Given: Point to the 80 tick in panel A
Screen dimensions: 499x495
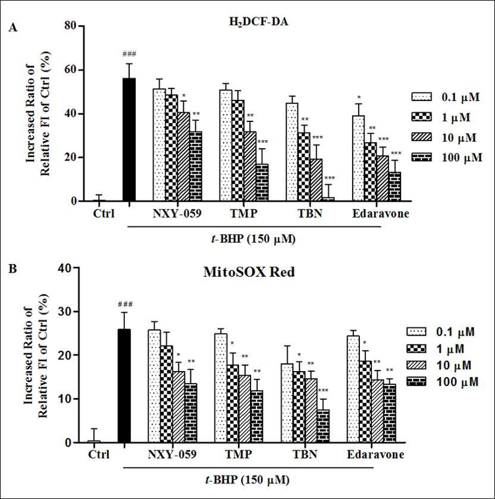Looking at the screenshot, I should pos(72,26).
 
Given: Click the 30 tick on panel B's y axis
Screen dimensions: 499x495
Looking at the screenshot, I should pos(68,312).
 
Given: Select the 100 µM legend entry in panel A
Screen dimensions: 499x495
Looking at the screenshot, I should pos(446,158).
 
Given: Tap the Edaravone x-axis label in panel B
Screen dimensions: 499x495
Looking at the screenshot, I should pos(375,454).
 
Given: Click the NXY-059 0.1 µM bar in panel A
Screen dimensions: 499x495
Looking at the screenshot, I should pos(159,145).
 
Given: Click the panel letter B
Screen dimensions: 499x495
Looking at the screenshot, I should pos(12,269).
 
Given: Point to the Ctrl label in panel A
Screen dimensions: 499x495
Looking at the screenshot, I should pos(104,214).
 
